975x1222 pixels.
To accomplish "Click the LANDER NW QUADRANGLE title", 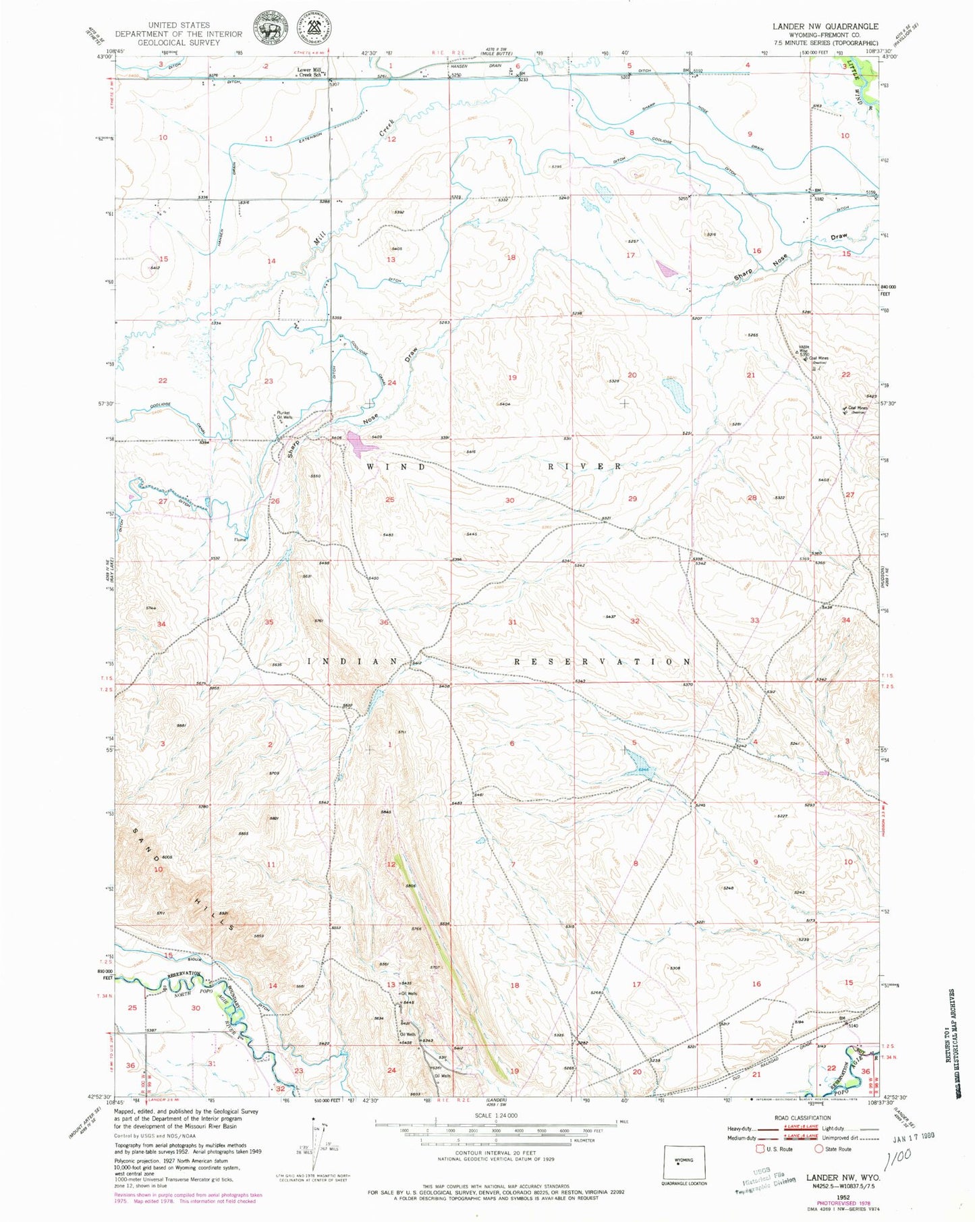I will tap(825, 26).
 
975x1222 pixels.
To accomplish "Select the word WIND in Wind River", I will tap(397, 466).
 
